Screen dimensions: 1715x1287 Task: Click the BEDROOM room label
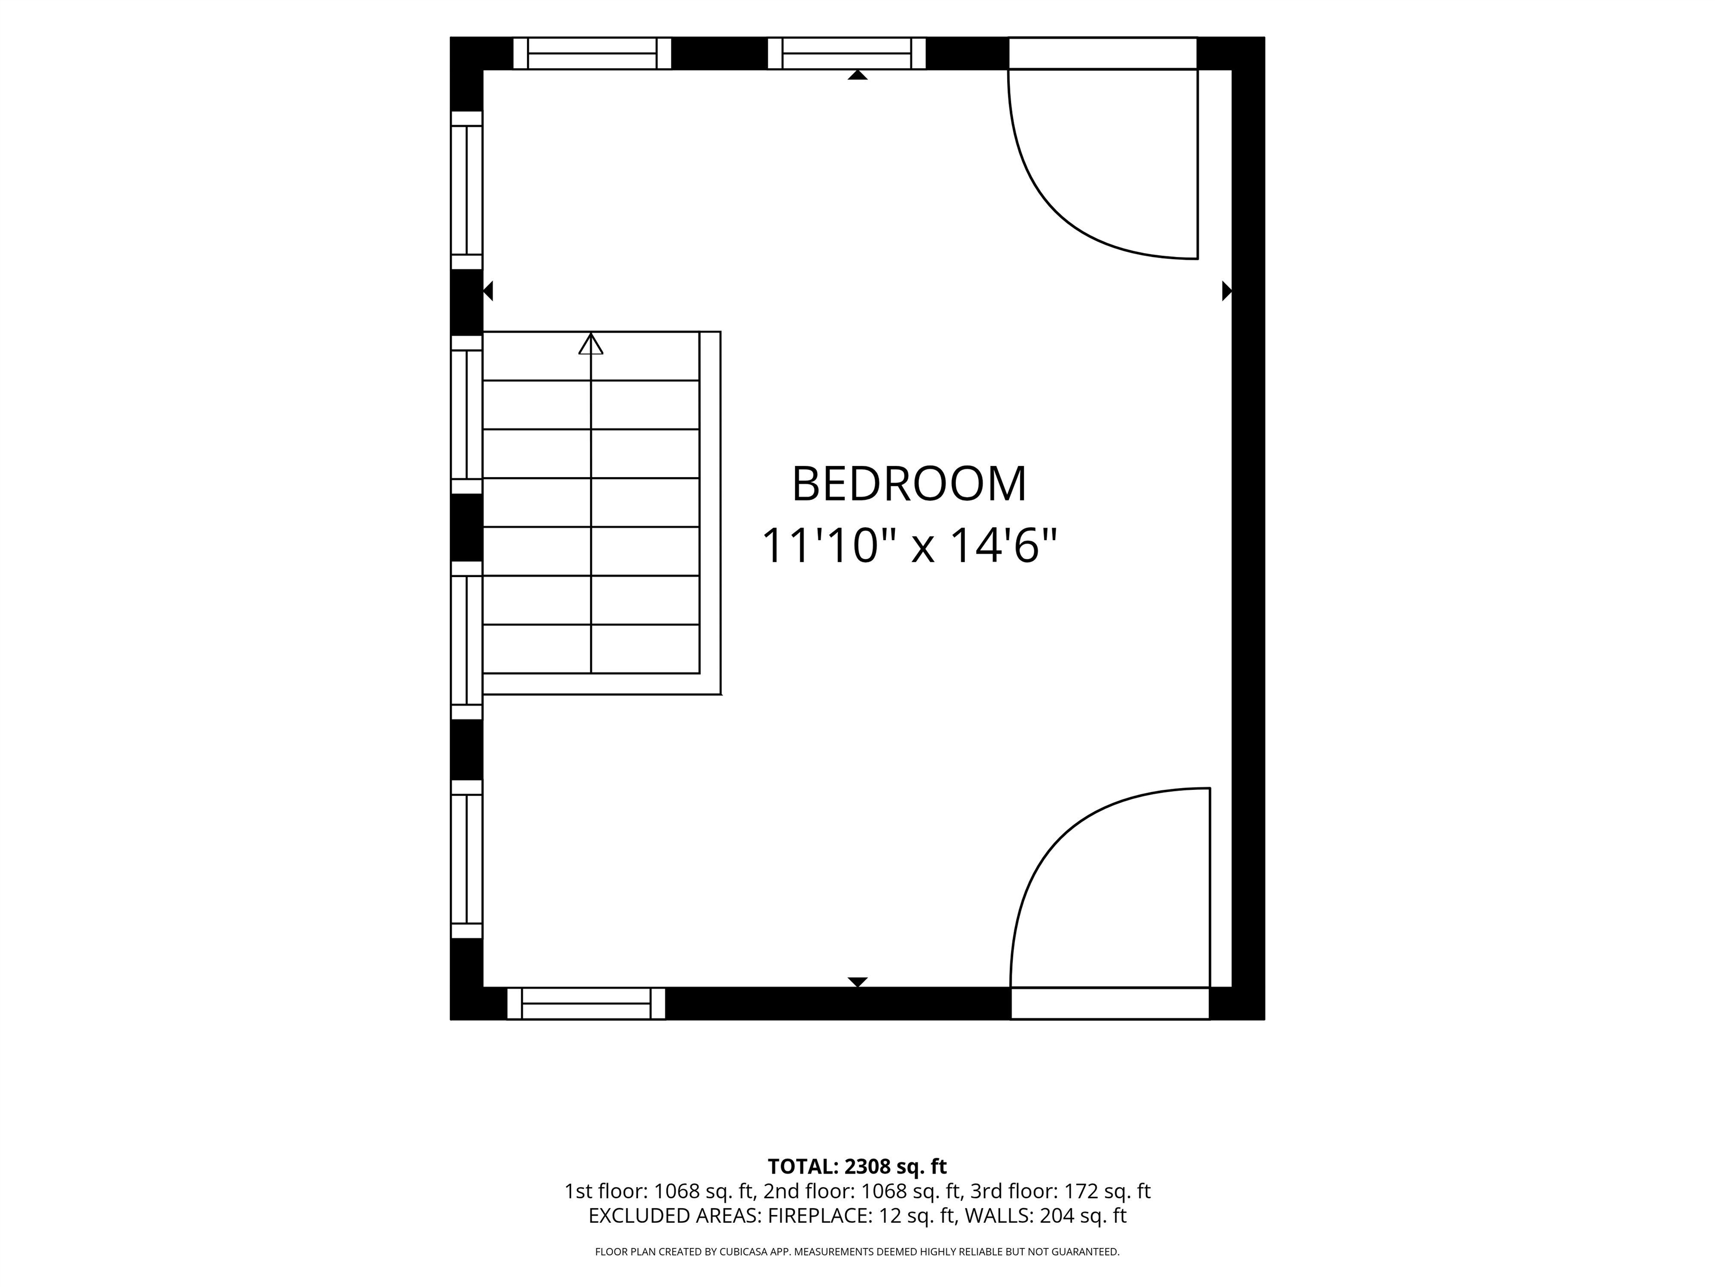tap(909, 484)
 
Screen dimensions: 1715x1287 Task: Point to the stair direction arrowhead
tap(591, 344)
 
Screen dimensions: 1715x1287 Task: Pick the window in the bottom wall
tap(586, 1003)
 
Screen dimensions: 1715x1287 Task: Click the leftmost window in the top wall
tap(592, 54)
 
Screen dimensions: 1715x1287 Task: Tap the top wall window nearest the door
tap(847, 54)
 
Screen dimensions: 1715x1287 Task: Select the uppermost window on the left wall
tap(467, 190)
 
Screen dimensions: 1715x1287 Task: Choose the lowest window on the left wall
tap(467, 860)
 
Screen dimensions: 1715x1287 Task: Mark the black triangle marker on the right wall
tap(1227, 291)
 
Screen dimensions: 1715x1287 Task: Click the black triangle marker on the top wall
tap(857, 75)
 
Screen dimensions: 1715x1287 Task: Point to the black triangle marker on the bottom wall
tap(857, 982)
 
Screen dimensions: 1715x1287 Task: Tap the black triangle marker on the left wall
tap(488, 291)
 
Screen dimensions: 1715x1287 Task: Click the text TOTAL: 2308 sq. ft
tap(857, 1167)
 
